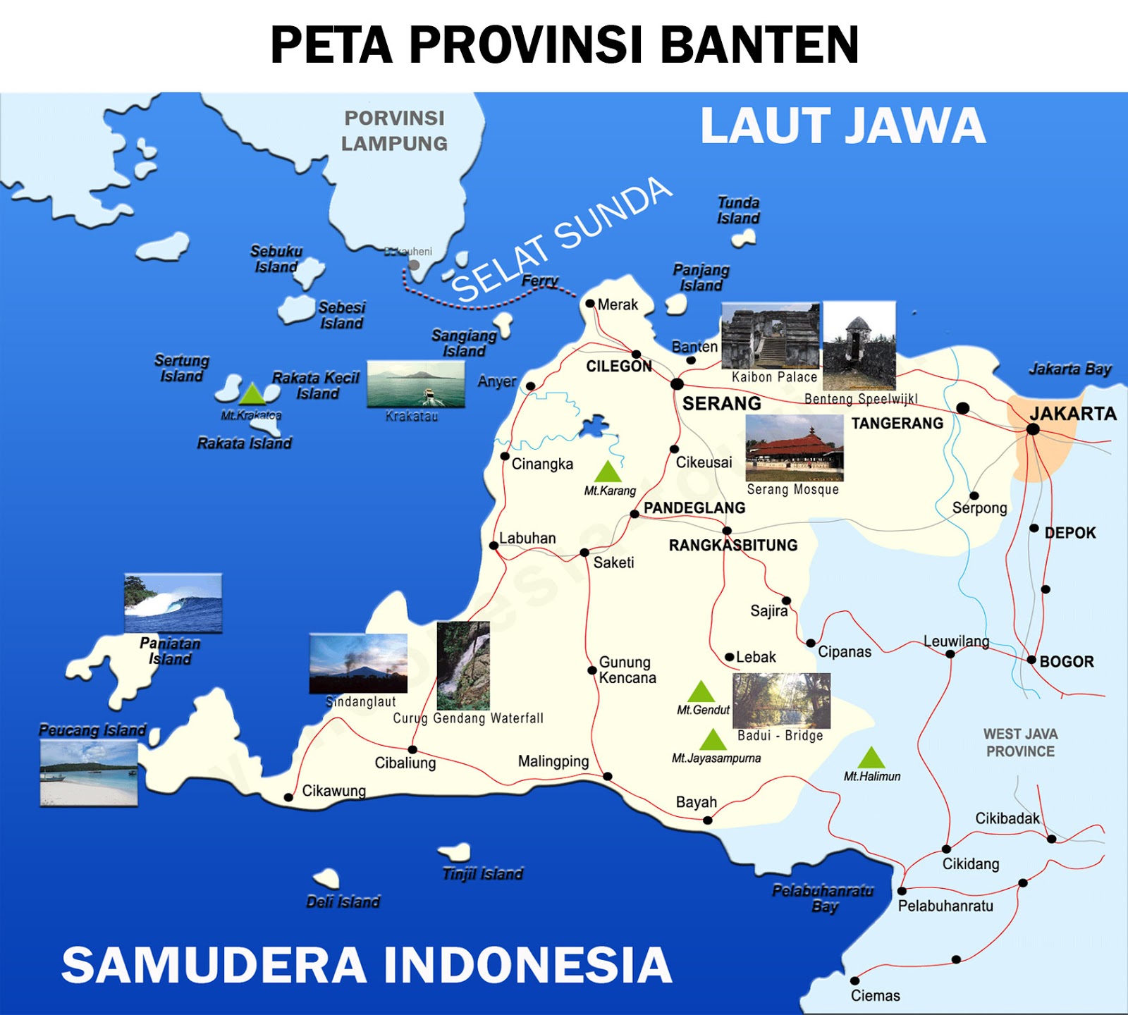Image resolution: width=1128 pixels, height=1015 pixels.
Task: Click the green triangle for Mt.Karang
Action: click(608, 472)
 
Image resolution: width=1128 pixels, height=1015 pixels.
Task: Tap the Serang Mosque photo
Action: click(795, 448)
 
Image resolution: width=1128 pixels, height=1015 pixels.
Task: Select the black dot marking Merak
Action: click(590, 304)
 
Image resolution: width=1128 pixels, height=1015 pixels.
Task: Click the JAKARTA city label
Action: click(1073, 414)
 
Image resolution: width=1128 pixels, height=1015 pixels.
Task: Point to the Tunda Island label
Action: click(738, 210)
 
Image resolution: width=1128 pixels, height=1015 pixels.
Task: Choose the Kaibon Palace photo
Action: click(771, 336)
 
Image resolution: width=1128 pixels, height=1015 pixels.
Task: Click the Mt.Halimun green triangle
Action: click(871, 758)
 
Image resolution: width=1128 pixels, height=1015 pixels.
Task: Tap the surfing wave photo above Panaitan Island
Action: click(173, 603)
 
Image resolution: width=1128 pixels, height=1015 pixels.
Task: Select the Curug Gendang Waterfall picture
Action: click(463, 665)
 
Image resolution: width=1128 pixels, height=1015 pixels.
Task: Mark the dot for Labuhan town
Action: click(494, 546)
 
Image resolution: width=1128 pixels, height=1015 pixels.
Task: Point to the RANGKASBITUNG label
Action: click(733, 545)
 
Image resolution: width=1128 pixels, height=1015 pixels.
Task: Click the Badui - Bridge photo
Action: click(781, 700)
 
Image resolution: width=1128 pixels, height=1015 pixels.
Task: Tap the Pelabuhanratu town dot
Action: click(902, 891)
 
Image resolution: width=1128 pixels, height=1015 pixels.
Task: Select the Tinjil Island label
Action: click(483, 874)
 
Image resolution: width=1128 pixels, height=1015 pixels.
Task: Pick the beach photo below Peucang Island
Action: click(89, 773)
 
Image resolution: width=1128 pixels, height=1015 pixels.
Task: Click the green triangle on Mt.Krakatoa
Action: click(252, 393)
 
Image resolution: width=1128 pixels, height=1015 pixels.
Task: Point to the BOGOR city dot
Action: click(1031, 660)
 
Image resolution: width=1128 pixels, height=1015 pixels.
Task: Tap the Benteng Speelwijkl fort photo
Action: click(859, 345)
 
